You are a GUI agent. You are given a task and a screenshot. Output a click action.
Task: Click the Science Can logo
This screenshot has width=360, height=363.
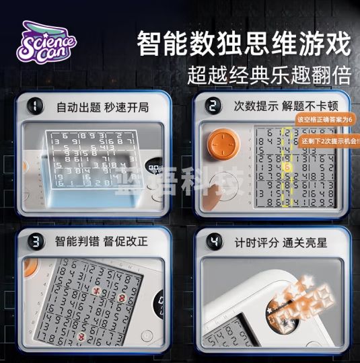47,41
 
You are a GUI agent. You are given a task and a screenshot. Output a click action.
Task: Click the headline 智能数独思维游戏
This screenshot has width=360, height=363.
244,44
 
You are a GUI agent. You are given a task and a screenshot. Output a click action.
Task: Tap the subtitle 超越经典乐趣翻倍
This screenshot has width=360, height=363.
268,75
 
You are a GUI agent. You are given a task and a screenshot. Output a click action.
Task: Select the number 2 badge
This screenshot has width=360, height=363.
213,106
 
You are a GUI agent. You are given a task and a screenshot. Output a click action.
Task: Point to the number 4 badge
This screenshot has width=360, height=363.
213,239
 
